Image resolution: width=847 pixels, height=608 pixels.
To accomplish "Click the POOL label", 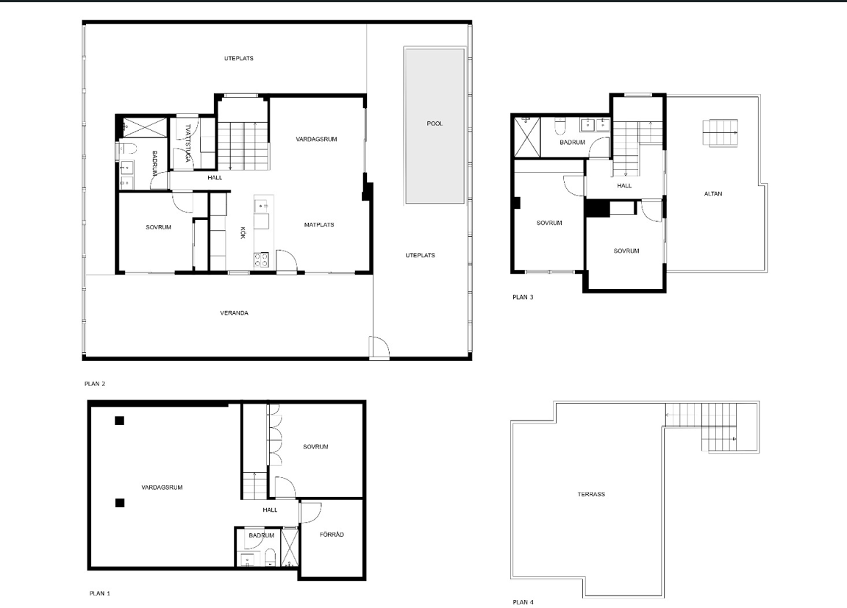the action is click(x=435, y=124).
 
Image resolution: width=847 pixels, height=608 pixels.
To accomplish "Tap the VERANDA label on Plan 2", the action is click(x=234, y=312).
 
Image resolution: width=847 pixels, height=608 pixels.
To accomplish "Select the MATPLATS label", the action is click(x=318, y=225).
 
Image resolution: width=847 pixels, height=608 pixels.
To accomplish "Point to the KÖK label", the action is click(x=243, y=232).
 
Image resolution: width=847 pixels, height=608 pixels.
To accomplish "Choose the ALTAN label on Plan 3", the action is click(x=713, y=193).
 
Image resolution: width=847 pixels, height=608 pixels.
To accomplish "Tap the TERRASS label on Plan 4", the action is click(x=591, y=494).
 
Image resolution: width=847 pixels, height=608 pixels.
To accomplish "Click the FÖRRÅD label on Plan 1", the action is click(x=332, y=534).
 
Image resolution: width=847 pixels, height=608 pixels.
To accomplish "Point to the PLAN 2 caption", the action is click(x=95, y=384).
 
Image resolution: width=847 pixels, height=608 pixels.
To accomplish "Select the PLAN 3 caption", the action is click(x=523, y=297).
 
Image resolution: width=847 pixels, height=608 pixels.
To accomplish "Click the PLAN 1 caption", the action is click(x=99, y=593).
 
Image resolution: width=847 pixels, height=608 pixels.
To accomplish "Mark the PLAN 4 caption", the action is click(x=523, y=602).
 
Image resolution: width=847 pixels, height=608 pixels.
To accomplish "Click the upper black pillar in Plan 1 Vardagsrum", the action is click(x=119, y=421).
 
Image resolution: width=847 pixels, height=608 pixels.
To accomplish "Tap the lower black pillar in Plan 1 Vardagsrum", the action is click(x=120, y=504).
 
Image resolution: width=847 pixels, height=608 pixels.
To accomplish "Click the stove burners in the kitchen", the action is click(x=262, y=260).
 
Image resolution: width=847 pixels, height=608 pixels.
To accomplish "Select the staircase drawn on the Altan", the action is click(x=720, y=133).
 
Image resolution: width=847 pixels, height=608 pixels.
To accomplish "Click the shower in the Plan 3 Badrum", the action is click(x=526, y=137).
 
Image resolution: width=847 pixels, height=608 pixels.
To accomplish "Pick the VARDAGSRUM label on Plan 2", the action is click(x=316, y=139).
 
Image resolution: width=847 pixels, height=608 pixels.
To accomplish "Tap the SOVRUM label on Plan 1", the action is click(x=315, y=447).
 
